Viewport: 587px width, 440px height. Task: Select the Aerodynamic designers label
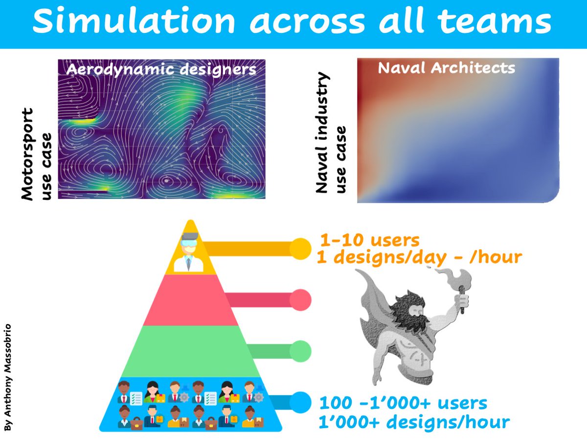[x=161, y=69]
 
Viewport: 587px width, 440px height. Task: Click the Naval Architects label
[x=446, y=67]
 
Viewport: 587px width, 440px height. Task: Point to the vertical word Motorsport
[x=28, y=154]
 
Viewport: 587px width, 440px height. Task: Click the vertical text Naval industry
[x=321, y=132]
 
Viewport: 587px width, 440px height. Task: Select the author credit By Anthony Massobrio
[x=7, y=377]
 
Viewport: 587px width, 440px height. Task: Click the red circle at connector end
[x=300, y=300]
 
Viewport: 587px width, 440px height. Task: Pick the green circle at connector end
[x=300, y=351]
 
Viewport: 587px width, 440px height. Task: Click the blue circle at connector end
[x=300, y=402]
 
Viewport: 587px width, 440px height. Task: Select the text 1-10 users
[x=369, y=241]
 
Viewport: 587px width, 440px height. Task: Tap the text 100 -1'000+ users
[x=403, y=403]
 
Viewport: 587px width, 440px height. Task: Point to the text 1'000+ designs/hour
[x=414, y=421]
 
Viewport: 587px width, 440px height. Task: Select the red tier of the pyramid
[x=191, y=300]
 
